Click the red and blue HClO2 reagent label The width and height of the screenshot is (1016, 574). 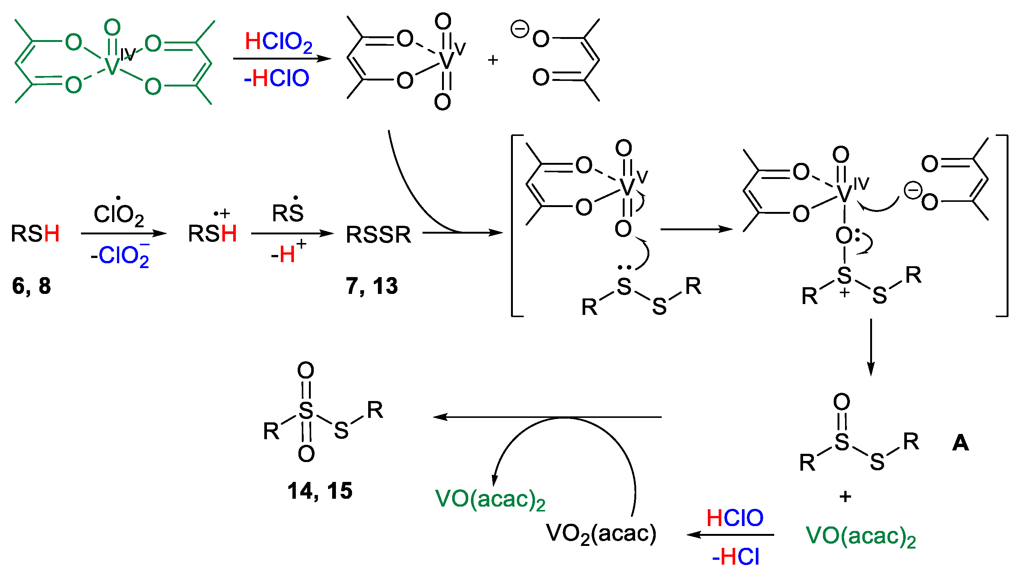278,42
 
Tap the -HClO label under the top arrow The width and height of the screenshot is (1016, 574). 276,78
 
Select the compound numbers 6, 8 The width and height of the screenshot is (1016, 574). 31,286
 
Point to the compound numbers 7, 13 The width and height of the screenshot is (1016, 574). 372,286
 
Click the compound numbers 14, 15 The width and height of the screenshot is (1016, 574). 320,491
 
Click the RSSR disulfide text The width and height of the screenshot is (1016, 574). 378,234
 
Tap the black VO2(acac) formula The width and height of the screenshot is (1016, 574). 601,534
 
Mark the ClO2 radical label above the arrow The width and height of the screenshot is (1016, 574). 118,214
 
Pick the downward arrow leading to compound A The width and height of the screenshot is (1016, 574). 871,347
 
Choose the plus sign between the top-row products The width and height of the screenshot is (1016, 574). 493,60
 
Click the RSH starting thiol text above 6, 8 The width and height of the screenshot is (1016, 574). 35,233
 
